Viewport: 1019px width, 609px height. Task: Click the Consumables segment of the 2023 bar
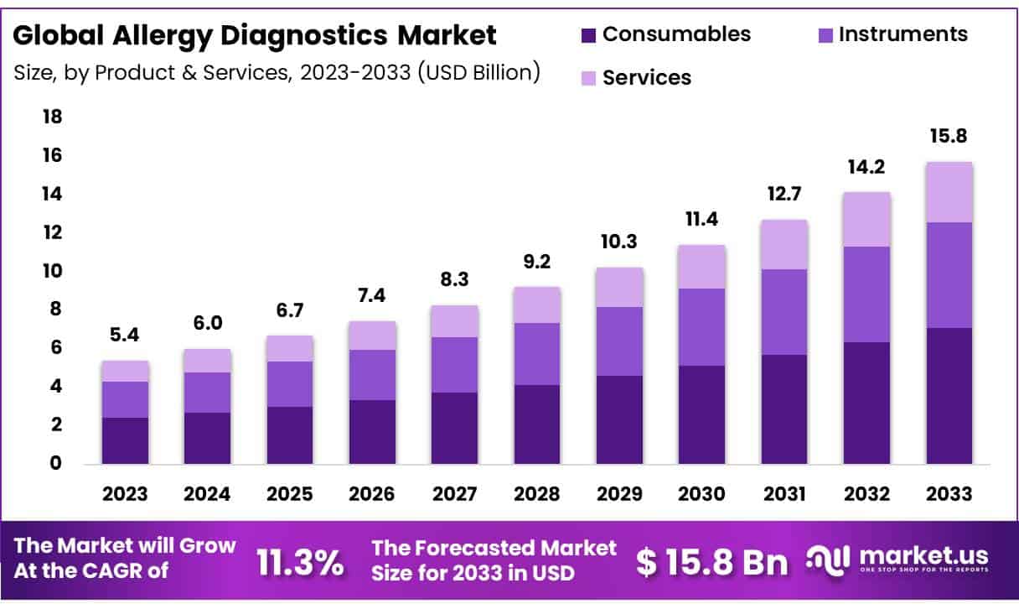click(125, 440)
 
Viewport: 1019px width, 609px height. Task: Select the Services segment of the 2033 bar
click(949, 192)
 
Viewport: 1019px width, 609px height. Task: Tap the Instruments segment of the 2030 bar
click(702, 327)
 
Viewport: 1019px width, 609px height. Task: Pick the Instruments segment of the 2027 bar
click(455, 365)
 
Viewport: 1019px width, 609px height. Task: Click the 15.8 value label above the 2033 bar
click(949, 136)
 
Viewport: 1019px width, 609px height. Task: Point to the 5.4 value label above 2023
click(125, 335)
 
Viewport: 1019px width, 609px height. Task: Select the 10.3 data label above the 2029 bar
click(620, 242)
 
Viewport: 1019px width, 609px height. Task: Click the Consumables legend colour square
click(588, 35)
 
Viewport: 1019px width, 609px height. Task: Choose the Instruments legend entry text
click(903, 34)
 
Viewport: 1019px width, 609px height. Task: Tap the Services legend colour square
click(588, 79)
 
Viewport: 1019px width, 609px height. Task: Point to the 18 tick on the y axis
click(52, 117)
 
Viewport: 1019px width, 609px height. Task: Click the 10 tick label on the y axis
click(52, 271)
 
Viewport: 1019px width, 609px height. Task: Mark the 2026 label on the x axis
click(373, 494)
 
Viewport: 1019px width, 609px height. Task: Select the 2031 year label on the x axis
click(784, 494)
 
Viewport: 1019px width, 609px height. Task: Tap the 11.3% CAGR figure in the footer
click(299, 563)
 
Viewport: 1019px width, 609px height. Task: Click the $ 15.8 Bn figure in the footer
click(711, 563)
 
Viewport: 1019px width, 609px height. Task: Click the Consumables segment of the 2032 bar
click(866, 403)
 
